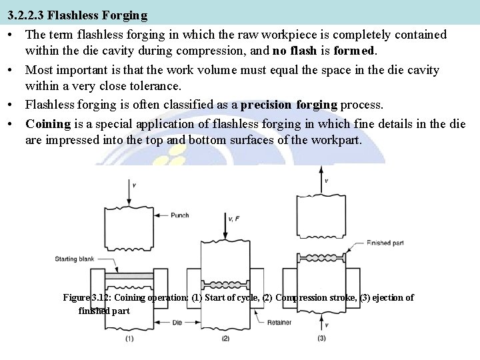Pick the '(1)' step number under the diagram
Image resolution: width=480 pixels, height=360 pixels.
click(x=130, y=339)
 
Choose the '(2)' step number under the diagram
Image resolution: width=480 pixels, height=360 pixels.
click(x=225, y=339)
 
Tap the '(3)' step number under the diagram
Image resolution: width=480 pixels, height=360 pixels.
click(x=321, y=339)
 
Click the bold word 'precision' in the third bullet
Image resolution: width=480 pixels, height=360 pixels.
click(x=265, y=105)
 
